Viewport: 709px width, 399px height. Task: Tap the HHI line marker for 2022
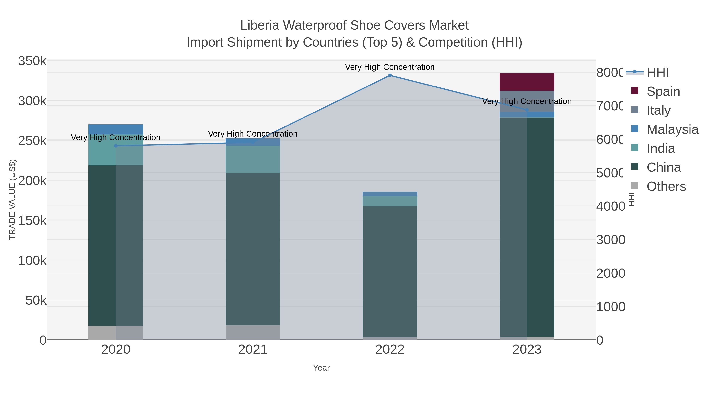[x=390, y=75]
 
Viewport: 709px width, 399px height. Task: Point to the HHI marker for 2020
[x=116, y=146]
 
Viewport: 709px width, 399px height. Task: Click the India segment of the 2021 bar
[x=253, y=159]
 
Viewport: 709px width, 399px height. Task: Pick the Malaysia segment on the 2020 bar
[x=116, y=129]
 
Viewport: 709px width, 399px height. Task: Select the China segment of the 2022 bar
[x=390, y=271]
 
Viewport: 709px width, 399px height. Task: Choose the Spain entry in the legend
[x=663, y=91]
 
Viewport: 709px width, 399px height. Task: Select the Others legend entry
[x=666, y=186]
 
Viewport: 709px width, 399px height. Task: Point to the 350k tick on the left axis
[x=32, y=61]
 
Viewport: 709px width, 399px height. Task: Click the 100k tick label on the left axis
[x=32, y=260]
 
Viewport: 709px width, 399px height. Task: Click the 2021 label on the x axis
[x=253, y=349]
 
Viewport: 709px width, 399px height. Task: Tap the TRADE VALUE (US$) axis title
[x=12, y=199]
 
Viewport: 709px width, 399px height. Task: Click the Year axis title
[x=321, y=368]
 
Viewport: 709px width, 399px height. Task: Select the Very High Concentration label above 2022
[x=390, y=67]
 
